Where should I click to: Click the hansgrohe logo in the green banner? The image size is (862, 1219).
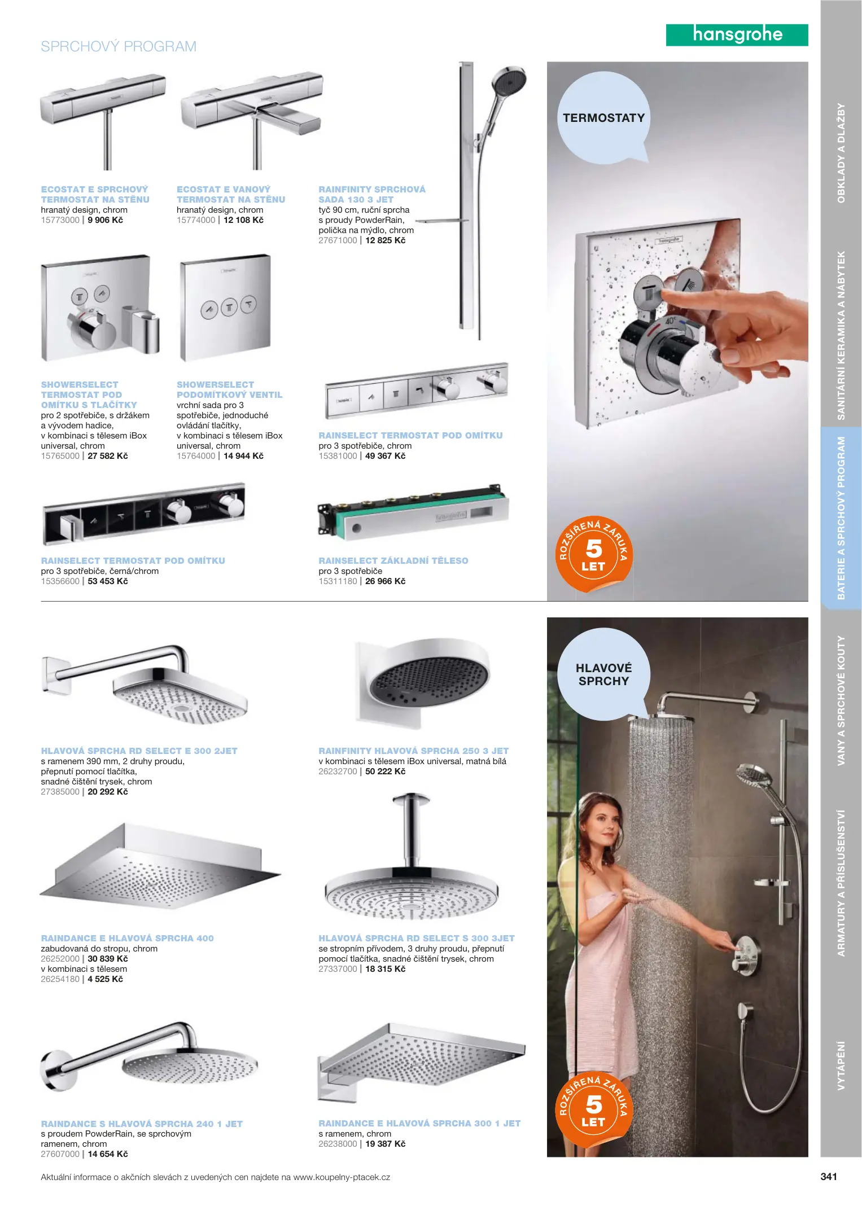(x=737, y=35)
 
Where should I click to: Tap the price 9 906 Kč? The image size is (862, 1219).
(x=106, y=220)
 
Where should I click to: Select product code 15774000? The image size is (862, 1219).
(x=196, y=220)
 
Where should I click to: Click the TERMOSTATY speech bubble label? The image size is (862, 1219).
(x=603, y=118)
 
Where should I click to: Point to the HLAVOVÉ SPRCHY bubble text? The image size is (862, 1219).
(x=603, y=674)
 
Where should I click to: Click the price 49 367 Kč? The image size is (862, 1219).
(x=386, y=456)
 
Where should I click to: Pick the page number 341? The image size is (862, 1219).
(x=829, y=1177)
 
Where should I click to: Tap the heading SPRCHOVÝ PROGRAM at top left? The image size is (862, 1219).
(x=119, y=46)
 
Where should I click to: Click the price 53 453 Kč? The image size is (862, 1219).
(x=108, y=581)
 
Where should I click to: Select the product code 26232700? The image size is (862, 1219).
(x=338, y=771)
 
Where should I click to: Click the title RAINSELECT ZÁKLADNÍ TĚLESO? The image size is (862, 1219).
(x=393, y=560)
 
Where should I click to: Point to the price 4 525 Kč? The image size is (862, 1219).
(x=106, y=979)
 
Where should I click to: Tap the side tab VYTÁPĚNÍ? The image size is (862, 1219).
(x=841, y=1065)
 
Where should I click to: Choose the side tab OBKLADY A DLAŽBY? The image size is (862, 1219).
(x=841, y=153)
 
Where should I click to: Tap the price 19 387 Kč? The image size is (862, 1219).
(x=386, y=1144)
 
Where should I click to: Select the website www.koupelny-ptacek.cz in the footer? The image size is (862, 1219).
(x=342, y=1177)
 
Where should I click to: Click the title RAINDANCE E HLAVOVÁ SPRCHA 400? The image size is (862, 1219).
(x=128, y=939)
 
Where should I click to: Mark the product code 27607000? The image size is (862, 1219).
(x=60, y=1154)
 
